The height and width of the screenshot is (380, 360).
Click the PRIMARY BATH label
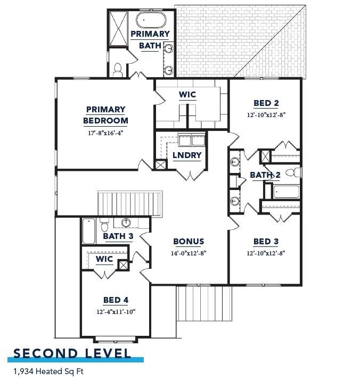pos(150,39)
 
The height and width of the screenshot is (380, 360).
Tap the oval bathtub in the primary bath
pos(151,20)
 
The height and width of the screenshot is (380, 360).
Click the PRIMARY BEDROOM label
pos(105,115)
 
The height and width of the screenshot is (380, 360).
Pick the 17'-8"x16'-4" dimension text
pos(105,133)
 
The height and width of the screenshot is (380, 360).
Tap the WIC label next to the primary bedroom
pos(187,95)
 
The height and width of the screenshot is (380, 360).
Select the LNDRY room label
pos(187,155)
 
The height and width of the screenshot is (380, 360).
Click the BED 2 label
pos(266,103)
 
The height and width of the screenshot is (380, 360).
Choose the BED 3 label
pos(266,241)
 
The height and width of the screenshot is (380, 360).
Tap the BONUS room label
pos(189,241)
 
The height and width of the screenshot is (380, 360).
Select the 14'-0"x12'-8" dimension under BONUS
pos(189,253)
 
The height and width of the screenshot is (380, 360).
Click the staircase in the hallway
pos(129,204)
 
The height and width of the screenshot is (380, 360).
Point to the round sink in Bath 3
pos(126,223)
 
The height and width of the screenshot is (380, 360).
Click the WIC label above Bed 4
pos(104,259)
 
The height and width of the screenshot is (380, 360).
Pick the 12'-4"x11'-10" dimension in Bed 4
pos(116,311)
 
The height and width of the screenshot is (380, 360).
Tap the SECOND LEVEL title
pos(72,353)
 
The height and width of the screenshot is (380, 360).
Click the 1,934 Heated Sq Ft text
pos(48,371)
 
